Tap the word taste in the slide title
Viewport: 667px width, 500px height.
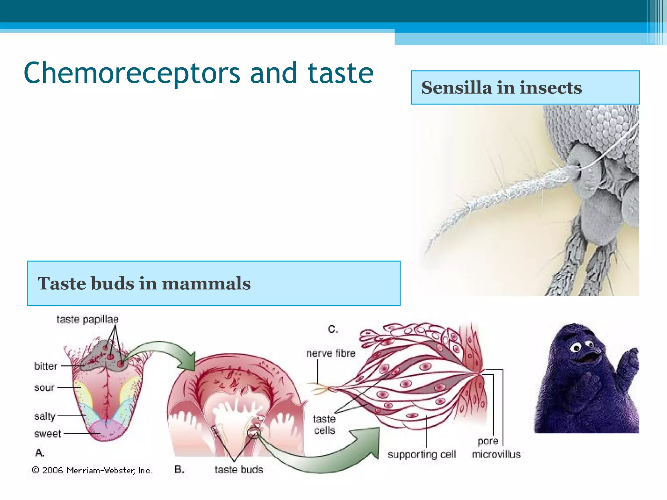[341, 73]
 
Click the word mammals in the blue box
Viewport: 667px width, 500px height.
[206, 283]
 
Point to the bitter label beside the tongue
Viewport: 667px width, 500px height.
[46, 366]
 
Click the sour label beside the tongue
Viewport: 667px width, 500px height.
[44, 387]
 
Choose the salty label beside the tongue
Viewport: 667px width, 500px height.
[45, 416]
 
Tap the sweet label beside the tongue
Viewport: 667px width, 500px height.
[48, 434]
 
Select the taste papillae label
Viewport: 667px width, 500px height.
[87, 319]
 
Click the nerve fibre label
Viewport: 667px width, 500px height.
[331, 353]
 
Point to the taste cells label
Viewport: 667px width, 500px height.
[324, 424]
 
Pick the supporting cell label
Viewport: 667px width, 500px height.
[422, 454]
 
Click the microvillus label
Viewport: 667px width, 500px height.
[496, 454]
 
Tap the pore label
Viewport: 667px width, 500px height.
[488, 441]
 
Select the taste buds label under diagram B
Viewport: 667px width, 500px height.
[239, 469]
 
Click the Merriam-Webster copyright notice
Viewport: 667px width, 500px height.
[92, 470]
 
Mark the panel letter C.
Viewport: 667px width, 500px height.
[333, 329]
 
